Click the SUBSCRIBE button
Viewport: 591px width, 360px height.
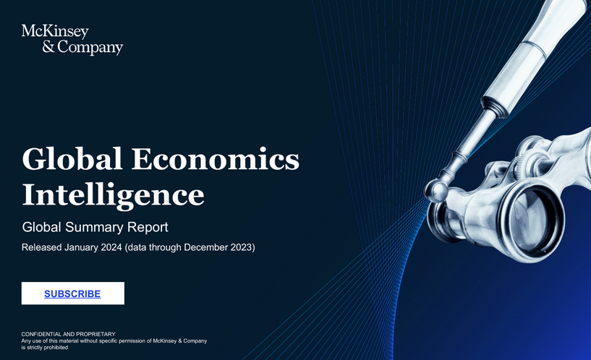click(72, 293)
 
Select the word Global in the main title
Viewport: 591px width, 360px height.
click(72, 159)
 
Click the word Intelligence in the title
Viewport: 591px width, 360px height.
click(113, 194)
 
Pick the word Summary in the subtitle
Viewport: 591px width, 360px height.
click(95, 227)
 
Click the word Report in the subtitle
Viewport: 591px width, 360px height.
click(148, 227)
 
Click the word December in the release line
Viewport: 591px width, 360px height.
click(209, 248)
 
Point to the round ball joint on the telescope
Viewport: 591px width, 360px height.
click(435, 191)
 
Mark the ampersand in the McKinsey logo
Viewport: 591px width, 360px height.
click(27, 48)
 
